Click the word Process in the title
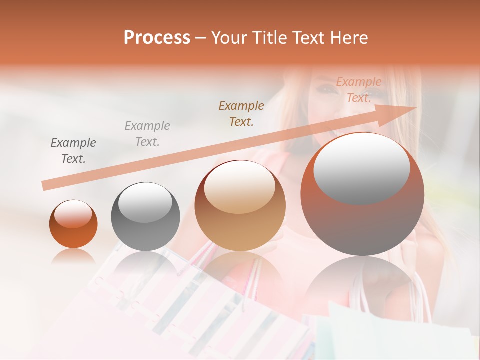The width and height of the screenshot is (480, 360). pyautogui.click(x=157, y=38)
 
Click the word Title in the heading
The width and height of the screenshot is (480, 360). pyautogui.click(x=270, y=38)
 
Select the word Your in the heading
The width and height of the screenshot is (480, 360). pyautogui.click(x=230, y=38)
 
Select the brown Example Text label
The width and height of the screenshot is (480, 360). pyautogui.click(x=241, y=113)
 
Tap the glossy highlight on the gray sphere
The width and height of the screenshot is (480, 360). pyautogui.click(x=145, y=203)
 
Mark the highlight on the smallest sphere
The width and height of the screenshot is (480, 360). pyautogui.click(x=73, y=214)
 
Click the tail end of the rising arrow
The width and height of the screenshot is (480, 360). pyautogui.click(x=45, y=185)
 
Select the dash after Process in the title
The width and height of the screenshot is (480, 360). pyautogui.click(x=201, y=38)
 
